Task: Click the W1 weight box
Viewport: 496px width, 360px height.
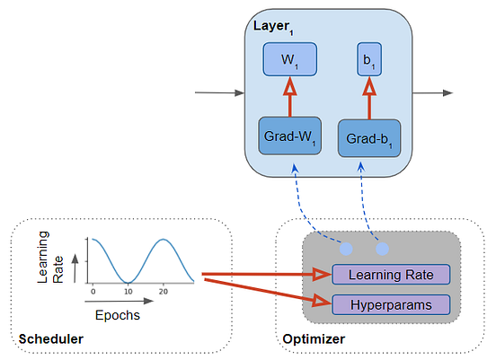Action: point(290,61)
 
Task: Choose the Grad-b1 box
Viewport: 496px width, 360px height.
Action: point(369,139)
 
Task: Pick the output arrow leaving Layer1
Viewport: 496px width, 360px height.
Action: point(433,92)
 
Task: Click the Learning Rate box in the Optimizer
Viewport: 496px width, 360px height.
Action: point(389,275)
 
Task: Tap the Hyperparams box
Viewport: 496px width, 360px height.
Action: point(389,304)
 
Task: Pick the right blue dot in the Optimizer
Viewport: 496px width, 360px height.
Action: point(382,247)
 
